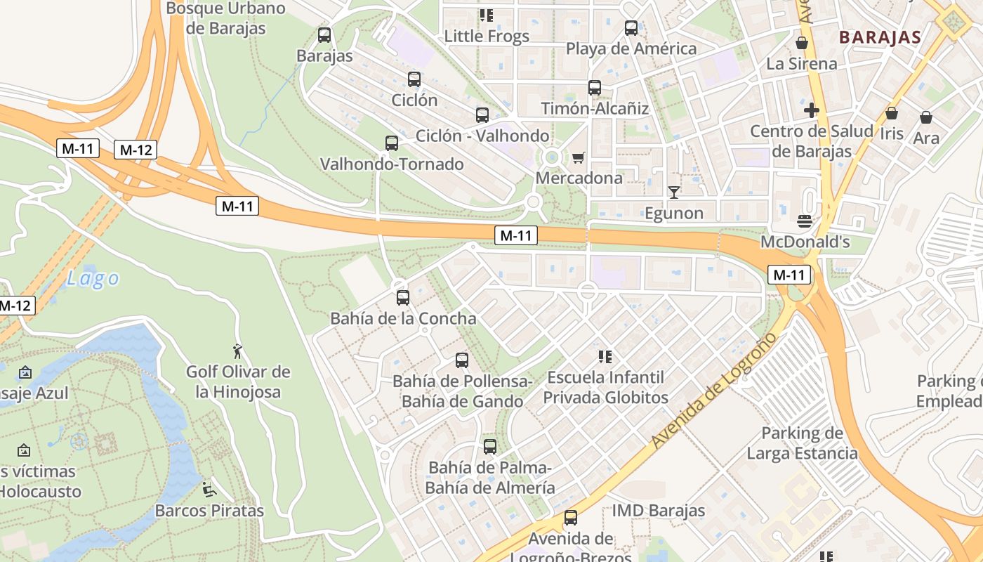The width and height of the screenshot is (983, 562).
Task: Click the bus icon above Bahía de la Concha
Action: (x=403, y=297)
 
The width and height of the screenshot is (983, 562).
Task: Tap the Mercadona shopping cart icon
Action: (x=578, y=157)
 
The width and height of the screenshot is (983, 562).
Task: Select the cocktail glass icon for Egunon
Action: (x=674, y=192)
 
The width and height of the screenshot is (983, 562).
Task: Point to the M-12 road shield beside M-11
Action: (x=136, y=150)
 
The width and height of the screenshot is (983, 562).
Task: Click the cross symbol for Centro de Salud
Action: (x=812, y=110)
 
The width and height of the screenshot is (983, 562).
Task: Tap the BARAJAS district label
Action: (x=880, y=37)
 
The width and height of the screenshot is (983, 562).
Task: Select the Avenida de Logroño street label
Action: (x=715, y=391)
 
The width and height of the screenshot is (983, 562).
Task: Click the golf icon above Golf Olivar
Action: (x=237, y=351)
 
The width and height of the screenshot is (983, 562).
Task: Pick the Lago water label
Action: (x=93, y=279)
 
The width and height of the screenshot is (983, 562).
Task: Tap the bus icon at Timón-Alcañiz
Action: (x=595, y=88)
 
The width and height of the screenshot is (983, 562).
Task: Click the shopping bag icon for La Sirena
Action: (x=802, y=43)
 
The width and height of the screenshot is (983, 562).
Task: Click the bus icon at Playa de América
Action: (x=631, y=28)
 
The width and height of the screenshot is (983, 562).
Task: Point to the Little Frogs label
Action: (x=487, y=37)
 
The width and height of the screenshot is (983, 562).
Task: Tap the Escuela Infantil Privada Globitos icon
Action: (x=605, y=357)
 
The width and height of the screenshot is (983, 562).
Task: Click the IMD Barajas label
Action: (x=658, y=511)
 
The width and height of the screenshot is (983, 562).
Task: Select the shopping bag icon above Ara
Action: (x=926, y=117)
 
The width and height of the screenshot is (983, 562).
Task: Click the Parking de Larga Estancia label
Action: (x=802, y=443)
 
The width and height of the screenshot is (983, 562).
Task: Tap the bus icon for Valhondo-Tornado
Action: (x=392, y=143)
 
